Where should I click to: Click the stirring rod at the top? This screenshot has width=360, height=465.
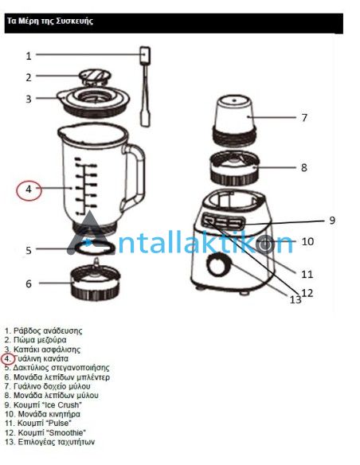pyautogui.click(x=145, y=86)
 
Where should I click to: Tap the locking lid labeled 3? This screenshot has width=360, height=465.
pyautogui.click(x=94, y=101)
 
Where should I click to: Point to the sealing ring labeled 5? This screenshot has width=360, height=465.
pyautogui.click(x=94, y=248)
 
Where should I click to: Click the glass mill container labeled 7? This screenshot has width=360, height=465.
pyautogui.click(x=234, y=120)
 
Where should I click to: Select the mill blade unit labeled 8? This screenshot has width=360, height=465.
pyautogui.click(x=235, y=167)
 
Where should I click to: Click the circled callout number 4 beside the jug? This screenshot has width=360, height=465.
pyautogui.click(x=29, y=190)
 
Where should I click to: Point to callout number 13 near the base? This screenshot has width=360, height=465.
pyautogui.click(x=295, y=299)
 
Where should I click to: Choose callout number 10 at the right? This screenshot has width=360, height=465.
pyautogui.click(x=307, y=241)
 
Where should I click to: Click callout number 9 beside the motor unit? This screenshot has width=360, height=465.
pyautogui.click(x=332, y=221)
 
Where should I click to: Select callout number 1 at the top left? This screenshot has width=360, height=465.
pyautogui.click(x=29, y=56)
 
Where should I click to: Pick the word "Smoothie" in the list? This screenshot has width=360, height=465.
pyautogui.click(x=65, y=432)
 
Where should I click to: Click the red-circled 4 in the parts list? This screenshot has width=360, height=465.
pyautogui.click(x=8, y=359)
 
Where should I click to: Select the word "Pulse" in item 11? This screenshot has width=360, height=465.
pyautogui.click(x=58, y=423)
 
